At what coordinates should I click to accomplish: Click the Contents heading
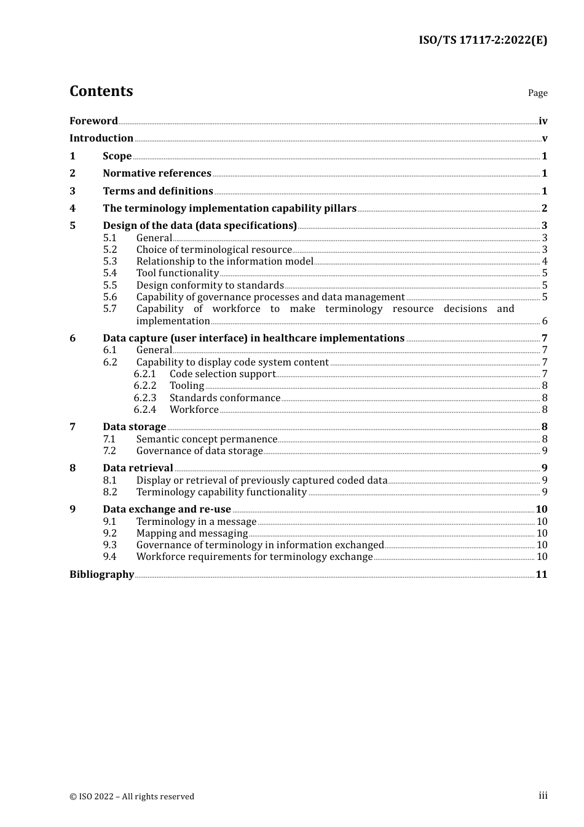pyautogui.click(x=101, y=91)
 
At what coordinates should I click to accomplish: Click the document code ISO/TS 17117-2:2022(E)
pyautogui.click(x=483, y=41)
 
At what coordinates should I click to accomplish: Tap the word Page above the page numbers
pyautogui.click(x=537, y=93)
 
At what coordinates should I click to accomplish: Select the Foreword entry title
pyautogui.click(x=93, y=121)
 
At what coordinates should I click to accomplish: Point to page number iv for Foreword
pyautogui.click(x=543, y=121)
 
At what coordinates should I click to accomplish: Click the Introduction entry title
pyautogui.click(x=101, y=138)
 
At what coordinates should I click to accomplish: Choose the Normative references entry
pyautogui.click(x=157, y=174)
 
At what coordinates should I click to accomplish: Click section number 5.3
pyautogui.click(x=110, y=262)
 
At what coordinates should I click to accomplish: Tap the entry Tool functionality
pyautogui.click(x=177, y=273)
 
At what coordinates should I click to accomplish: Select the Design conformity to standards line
pyautogui.click(x=210, y=286)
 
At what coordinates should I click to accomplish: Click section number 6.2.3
pyautogui.click(x=145, y=398)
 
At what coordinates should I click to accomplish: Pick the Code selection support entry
pyautogui.click(x=223, y=374)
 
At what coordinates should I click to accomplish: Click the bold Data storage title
pyautogui.click(x=134, y=427)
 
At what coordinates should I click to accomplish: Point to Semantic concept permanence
pyautogui.click(x=207, y=439)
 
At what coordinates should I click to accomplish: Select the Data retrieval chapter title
pyautogui.click(x=138, y=468)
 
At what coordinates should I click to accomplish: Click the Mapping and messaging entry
pyautogui.click(x=192, y=533)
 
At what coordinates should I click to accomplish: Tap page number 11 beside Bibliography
pyautogui.click(x=542, y=575)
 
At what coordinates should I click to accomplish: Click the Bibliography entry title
pyautogui.click(x=101, y=575)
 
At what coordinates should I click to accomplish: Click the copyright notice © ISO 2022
pyautogui.click(x=132, y=797)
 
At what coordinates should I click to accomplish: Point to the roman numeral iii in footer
pyautogui.click(x=543, y=796)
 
